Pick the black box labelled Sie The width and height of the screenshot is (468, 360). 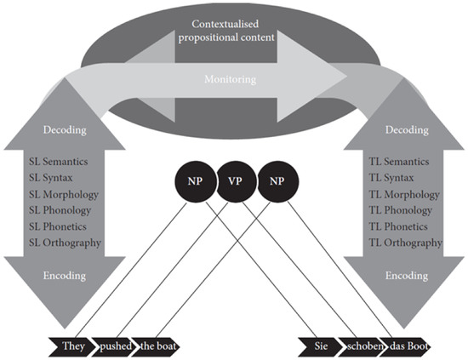(317, 346)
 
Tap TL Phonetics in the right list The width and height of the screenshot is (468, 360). (401, 226)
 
